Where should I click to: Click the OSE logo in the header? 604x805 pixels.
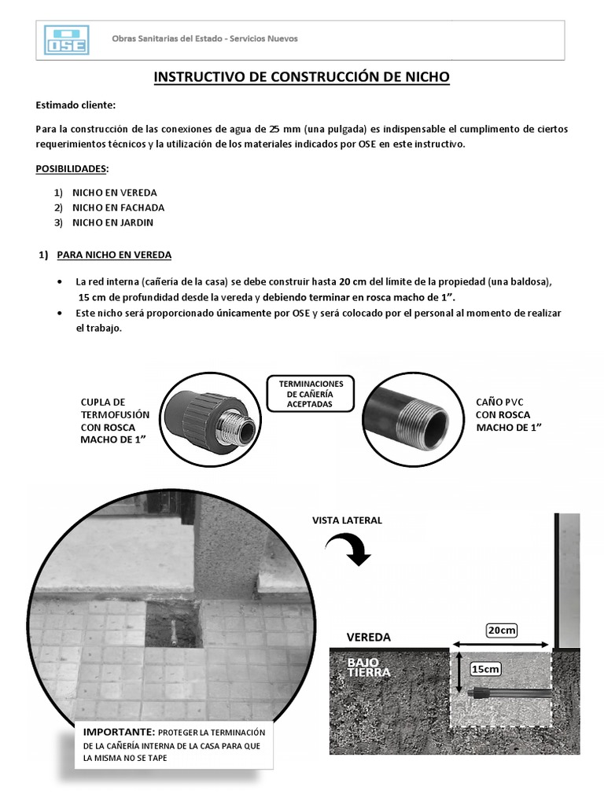[x=68, y=40]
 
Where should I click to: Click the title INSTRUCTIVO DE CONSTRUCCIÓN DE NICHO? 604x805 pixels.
[x=301, y=77]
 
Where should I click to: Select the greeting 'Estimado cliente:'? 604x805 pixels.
[x=75, y=105]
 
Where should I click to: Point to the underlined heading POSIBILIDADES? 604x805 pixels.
[x=72, y=169]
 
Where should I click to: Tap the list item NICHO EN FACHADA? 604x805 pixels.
[x=118, y=208]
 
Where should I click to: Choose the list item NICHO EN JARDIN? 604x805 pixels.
[x=112, y=222]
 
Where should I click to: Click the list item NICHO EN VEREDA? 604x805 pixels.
[x=114, y=193]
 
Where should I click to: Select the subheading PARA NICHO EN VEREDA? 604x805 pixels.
[x=114, y=255]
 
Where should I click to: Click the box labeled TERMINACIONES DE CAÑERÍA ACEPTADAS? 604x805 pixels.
[x=310, y=393]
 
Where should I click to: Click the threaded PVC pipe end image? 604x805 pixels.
[x=409, y=416]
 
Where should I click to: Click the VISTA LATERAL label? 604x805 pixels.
[x=347, y=520]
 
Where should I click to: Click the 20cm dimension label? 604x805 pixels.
[x=502, y=630]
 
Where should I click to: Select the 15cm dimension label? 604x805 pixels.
[x=485, y=669]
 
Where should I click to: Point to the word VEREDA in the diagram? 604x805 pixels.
[x=369, y=637]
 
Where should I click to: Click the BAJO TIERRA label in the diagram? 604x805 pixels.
[x=369, y=667]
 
